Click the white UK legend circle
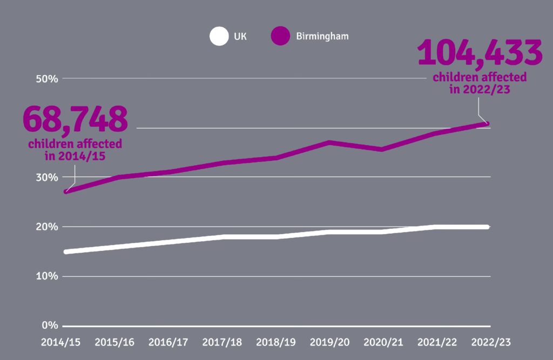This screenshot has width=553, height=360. [219, 37]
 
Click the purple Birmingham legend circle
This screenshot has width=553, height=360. [281, 37]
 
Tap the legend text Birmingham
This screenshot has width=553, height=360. [322, 37]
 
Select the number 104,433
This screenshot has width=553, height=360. [480, 52]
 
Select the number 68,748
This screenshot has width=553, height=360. [75, 119]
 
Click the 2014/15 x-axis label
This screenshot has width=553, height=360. [60, 343]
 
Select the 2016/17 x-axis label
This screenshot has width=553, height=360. [168, 343]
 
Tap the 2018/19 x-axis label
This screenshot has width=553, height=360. [275, 343]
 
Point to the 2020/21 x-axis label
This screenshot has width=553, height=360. [383, 343]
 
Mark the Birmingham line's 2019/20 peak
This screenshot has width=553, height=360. [329, 142]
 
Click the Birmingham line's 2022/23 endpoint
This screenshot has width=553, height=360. [487, 124]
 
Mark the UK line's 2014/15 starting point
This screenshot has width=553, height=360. [66, 252]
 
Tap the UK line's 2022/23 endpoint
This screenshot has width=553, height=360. [487, 227]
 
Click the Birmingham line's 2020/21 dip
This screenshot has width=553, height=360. [382, 149]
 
